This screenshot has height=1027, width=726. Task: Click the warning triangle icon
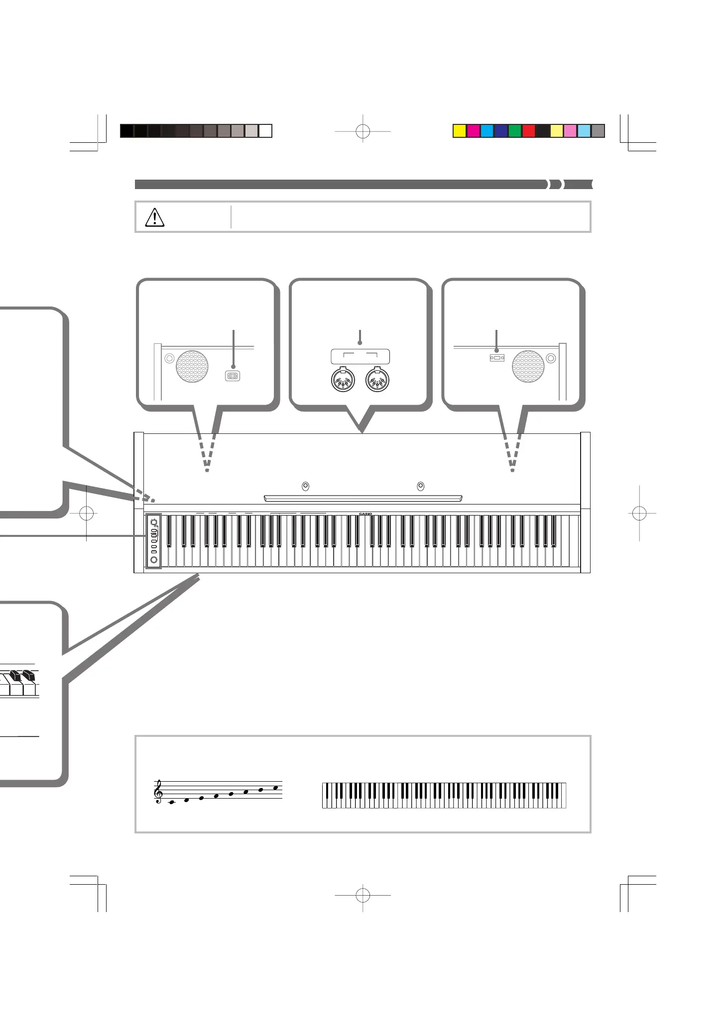coord(154,217)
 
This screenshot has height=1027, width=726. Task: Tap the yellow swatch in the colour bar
coord(459,131)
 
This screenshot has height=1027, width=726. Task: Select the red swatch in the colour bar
coord(528,131)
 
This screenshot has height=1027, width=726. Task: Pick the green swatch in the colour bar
coord(514,131)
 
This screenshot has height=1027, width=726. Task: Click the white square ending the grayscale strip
coord(265,131)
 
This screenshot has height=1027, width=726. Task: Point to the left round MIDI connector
coord(343,381)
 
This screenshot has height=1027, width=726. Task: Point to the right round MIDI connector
coord(377,381)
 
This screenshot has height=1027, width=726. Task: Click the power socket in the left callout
coord(233,376)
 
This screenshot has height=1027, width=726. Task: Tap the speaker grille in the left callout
coord(192,367)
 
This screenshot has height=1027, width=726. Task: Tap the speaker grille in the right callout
coord(528,367)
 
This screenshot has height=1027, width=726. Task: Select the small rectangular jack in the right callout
coord(497,358)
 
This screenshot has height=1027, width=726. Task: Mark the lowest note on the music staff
coord(172,802)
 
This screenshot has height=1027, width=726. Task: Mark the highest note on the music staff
coord(275,788)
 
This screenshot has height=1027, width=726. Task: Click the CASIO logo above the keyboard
coord(365,514)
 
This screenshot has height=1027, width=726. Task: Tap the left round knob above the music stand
coord(305,486)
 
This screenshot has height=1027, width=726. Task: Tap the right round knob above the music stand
coord(420,486)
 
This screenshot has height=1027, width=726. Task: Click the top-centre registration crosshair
coord(363,131)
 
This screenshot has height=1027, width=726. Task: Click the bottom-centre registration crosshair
coord(363,895)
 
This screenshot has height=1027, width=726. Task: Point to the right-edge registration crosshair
coord(639,513)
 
